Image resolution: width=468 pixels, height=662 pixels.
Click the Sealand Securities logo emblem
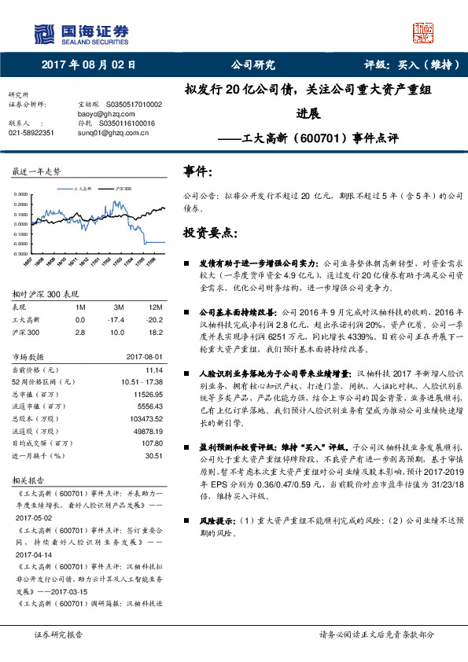click(44, 33)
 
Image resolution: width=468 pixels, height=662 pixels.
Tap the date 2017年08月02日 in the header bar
click(88, 64)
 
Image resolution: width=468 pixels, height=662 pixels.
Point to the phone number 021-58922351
click(31, 133)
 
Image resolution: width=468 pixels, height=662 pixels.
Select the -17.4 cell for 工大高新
click(119, 320)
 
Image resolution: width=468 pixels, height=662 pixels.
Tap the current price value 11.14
click(153, 369)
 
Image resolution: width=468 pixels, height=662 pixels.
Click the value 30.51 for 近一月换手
click(153, 454)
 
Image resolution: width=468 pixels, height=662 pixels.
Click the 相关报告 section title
click(29, 479)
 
